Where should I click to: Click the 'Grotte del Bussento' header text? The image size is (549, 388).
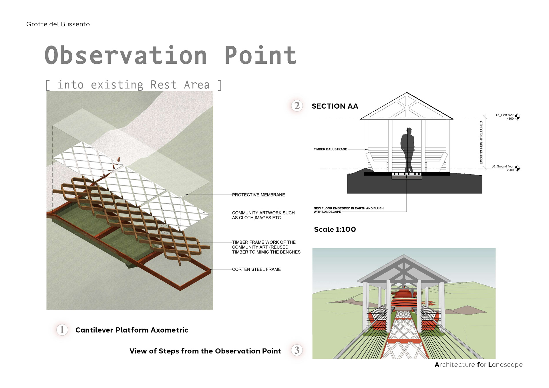58,24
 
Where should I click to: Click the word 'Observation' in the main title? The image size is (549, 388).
126,55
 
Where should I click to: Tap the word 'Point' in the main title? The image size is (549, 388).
260,55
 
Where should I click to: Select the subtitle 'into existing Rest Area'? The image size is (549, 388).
134,85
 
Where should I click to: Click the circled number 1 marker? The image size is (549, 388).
62,330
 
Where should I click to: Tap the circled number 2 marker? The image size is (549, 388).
297,106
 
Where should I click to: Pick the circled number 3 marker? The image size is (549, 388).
297,350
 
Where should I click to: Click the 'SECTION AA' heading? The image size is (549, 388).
335,106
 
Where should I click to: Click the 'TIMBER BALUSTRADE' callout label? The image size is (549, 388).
330,149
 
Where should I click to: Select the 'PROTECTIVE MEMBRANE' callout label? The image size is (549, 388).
258,195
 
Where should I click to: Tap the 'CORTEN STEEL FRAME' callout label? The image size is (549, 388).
256,269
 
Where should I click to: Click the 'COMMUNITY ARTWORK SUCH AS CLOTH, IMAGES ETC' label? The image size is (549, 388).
263,215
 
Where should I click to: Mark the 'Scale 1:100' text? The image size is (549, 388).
335,229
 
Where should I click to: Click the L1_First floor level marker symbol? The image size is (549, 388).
517,117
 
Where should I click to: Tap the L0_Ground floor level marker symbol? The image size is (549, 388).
517,168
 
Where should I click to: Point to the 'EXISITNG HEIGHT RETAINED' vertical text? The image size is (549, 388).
481,142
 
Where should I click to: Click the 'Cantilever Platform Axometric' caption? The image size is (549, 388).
132,330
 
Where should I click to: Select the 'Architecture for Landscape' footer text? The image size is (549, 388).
479,365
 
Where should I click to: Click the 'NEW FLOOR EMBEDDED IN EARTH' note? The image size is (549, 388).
349,210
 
